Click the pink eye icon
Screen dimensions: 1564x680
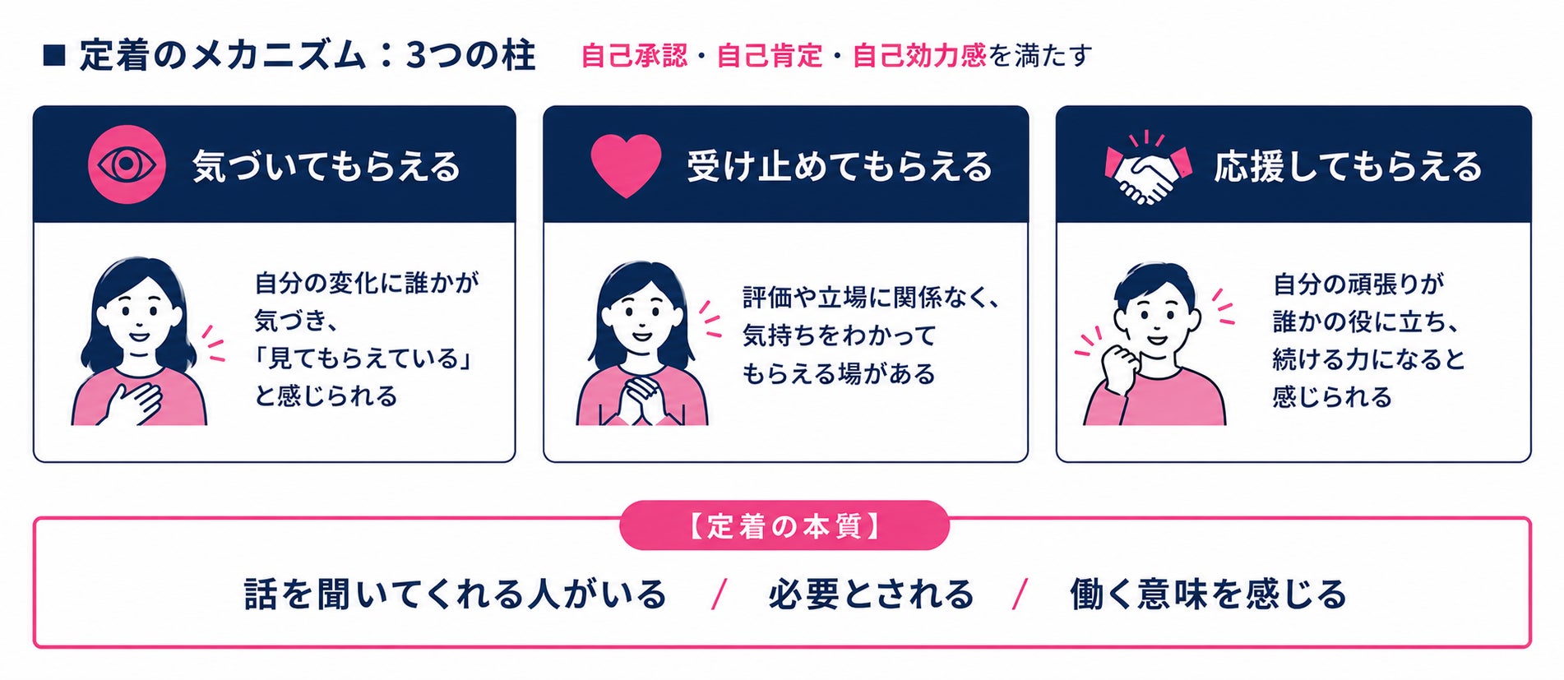(127, 164)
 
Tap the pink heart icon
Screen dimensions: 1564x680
(626, 165)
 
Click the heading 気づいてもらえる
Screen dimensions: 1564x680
(326, 166)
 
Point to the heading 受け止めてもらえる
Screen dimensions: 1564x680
(840, 166)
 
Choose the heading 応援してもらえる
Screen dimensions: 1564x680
(1348, 166)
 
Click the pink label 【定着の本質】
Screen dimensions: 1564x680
(784, 525)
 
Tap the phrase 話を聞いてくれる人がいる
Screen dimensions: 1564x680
(455, 594)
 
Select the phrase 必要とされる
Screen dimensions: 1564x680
(871, 594)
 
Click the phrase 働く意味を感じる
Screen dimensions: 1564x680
(1208, 594)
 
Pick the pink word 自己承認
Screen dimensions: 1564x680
(634, 55)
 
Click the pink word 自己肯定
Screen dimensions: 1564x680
(770, 55)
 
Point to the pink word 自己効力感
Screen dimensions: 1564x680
(919, 55)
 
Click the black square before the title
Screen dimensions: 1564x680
(53, 56)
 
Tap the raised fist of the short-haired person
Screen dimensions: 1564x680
(1117, 368)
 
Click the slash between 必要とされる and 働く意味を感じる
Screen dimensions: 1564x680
(1020, 594)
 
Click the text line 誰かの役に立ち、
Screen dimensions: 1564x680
(1366, 321)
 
